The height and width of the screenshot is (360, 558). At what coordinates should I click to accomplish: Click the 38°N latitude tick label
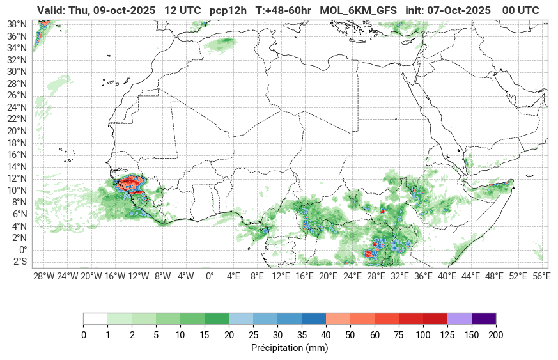pos(16,24)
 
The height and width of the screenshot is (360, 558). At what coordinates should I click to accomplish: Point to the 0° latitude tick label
pos(22,250)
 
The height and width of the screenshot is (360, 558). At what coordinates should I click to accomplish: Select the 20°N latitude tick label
pos(16,131)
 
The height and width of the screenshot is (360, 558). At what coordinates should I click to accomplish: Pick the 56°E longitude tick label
pos(541,276)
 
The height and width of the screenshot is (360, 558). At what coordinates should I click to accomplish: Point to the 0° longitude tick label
pos(210,276)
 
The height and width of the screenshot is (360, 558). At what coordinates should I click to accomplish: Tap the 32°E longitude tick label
pos(399,276)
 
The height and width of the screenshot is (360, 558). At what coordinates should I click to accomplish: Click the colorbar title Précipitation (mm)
pos(290,348)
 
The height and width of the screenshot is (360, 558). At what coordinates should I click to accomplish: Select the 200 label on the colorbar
pos(495,335)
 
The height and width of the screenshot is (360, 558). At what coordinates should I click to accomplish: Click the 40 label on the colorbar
pos(325,335)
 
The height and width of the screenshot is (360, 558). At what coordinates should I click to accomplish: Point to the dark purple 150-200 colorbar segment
pos(484,318)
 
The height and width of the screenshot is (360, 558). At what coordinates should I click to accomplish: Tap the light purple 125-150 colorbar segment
pos(460,318)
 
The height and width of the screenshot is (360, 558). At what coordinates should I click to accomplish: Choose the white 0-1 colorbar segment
pos(95,318)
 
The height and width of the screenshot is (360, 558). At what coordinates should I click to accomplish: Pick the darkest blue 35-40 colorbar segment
pos(314,318)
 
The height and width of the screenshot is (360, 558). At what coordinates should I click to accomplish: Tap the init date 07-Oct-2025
pos(458,11)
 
